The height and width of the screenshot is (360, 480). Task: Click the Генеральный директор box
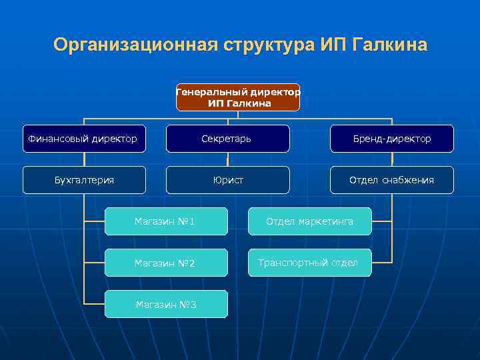(238, 97)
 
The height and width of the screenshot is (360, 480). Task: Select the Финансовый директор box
(83, 139)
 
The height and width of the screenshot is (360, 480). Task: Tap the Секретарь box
(227, 139)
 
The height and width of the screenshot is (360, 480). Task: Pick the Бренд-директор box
(392, 139)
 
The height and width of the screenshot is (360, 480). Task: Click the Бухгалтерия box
(84, 180)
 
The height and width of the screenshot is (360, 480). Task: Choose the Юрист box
(227, 180)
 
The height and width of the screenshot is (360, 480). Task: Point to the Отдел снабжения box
(392, 180)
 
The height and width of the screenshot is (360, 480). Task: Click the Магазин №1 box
(165, 221)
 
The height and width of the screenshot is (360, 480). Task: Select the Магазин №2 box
(165, 263)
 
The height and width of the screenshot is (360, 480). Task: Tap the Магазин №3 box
(165, 304)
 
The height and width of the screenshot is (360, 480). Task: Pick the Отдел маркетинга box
(309, 221)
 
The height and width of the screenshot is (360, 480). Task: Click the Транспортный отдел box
(309, 263)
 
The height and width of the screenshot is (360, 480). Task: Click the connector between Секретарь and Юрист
(227, 159)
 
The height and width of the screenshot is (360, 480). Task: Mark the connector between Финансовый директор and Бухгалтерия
(84, 159)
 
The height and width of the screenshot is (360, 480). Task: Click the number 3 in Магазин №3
(193, 305)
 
